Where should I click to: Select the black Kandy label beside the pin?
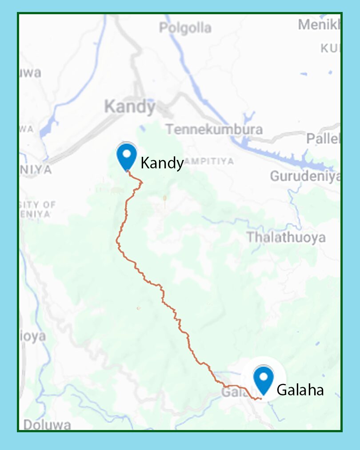click(162, 163)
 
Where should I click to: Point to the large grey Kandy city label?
click(129, 107)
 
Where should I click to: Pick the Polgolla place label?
click(185, 28)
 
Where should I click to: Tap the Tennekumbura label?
click(214, 129)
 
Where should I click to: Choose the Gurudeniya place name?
click(305, 176)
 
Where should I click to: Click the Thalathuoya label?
click(286, 237)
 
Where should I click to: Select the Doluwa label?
click(47, 425)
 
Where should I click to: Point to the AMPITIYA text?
click(208, 161)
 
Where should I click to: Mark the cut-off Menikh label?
click(319, 24)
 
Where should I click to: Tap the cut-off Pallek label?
click(323, 138)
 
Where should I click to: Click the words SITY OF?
click(38, 205)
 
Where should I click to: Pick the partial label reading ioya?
click(32, 336)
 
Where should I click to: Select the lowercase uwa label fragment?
click(31, 72)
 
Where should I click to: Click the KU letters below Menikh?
click(330, 48)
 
